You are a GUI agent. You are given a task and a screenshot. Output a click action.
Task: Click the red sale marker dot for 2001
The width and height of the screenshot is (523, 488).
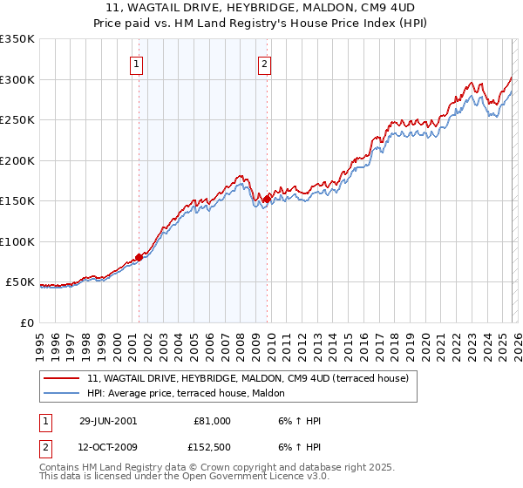(x=139, y=257)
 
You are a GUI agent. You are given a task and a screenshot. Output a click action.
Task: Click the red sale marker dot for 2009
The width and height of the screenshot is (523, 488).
(x=266, y=200)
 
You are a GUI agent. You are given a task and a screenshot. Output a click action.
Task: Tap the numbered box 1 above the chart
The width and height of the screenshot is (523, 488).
(x=138, y=63)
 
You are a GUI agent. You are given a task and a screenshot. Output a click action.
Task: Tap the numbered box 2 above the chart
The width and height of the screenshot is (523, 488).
(x=263, y=63)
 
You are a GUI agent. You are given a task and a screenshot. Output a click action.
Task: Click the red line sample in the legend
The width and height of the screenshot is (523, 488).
(x=62, y=378)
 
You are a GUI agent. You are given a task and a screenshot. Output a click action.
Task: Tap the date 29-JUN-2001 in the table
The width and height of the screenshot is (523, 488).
(x=108, y=421)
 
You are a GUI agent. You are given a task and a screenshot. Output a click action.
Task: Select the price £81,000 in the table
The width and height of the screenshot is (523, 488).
(x=210, y=421)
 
